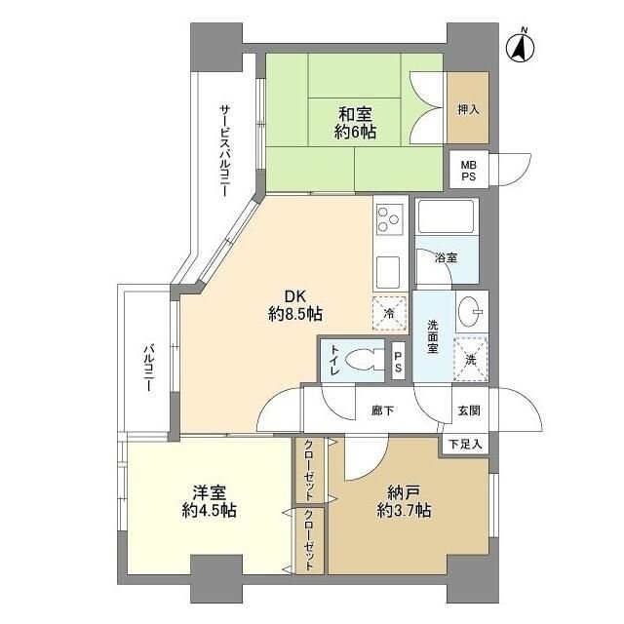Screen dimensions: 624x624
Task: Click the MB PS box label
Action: [x=469, y=171]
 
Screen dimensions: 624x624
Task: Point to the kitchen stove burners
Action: [x=388, y=217]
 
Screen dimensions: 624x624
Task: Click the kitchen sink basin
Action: [x=387, y=269]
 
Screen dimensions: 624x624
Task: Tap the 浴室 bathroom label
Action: [x=447, y=258]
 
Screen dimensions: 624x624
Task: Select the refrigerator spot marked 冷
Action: [x=388, y=313]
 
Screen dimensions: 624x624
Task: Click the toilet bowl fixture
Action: [x=369, y=358]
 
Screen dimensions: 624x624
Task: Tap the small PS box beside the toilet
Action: [x=398, y=360]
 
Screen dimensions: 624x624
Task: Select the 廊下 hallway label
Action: [x=382, y=410]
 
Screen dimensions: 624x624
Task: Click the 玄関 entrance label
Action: [x=467, y=410]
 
